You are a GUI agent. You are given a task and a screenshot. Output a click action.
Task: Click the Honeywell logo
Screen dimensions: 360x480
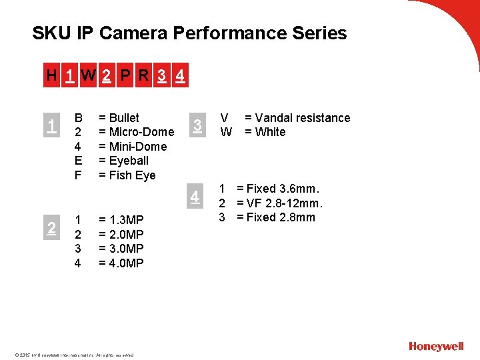click(436, 346)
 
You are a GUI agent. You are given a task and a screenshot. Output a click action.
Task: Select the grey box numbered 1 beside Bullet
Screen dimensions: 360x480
click(51, 124)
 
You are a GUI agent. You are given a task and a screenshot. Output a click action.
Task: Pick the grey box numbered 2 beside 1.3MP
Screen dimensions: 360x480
click(51, 229)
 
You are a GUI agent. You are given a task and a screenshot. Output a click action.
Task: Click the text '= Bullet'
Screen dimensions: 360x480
click(119, 118)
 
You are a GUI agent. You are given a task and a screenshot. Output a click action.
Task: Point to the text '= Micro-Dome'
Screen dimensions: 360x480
click(136, 132)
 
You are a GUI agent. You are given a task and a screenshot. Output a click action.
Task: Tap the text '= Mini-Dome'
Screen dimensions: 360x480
click(132, 147)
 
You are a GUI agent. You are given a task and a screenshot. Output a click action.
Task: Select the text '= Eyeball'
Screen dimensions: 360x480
click(123, 161)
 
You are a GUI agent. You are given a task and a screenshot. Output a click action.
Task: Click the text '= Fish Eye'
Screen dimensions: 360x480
click(127, 175)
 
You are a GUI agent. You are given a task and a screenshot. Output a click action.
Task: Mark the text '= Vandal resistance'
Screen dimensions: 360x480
click(297, 118)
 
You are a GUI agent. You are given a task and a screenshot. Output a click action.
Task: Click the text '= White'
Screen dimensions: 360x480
click(265, 132)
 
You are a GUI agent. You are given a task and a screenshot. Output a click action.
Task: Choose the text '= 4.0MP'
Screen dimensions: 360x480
click(121, 263)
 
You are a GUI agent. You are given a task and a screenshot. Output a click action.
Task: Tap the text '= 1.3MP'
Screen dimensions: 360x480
click(121, 219)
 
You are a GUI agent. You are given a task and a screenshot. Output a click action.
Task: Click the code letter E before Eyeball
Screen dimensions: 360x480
click(78, 161)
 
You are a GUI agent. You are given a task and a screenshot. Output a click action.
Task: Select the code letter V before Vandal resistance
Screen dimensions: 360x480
click(226, 118)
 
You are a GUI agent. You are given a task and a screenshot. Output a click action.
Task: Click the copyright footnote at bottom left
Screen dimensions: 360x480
click(73, 355)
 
